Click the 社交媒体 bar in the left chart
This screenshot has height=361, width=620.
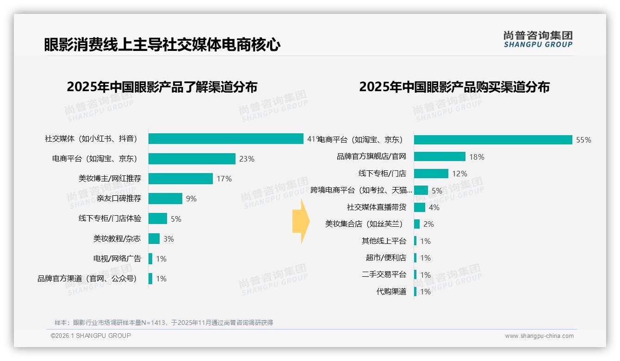pos(226,139)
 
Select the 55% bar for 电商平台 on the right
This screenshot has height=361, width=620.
pos(493,140)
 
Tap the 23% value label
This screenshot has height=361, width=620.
pos(247,159)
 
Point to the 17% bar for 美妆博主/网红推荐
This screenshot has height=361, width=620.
pos(180,179)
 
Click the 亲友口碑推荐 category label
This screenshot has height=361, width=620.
pos(119,199)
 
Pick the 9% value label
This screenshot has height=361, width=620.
pos(191,199)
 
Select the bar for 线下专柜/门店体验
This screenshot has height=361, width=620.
pos(158,218)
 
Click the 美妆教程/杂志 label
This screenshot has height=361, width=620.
pos(117,239)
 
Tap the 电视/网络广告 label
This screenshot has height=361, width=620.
pos(117,259)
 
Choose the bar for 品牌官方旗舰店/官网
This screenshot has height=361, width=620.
pos(440,156)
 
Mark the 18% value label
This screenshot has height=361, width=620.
pos(477,157)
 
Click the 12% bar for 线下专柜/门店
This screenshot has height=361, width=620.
pos(431,174)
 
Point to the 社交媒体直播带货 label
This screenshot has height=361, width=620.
pos(377,207)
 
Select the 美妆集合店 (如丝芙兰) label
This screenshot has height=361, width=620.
pos(364,224)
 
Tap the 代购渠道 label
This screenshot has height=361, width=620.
pos(391,292)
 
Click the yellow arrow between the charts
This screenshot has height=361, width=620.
pos(301,221)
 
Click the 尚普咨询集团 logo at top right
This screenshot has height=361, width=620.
pos(538,39)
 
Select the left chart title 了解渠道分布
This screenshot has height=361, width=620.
pos(162,87)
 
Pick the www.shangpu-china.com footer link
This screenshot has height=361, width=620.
pos(539,336)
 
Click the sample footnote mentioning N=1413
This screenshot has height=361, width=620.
pos(164,323)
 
